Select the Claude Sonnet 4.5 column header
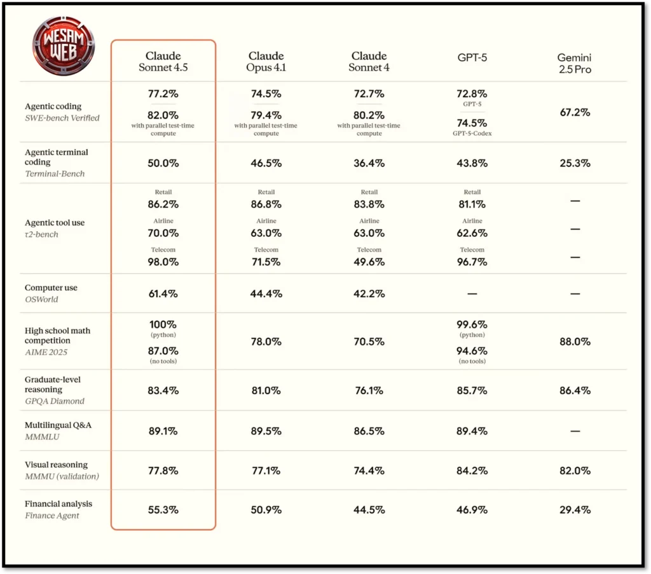163,62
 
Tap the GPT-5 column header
472,57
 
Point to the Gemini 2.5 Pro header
575,63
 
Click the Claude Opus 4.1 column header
266,62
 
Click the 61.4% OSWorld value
163,293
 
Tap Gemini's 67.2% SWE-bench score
575,112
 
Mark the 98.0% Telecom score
163,262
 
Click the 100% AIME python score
163,324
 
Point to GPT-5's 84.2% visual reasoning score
472,471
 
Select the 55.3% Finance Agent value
163,509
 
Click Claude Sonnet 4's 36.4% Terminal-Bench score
369,163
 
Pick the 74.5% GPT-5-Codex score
472,123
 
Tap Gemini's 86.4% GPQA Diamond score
575,390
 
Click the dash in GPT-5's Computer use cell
472,294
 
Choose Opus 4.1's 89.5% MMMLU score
266,431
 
